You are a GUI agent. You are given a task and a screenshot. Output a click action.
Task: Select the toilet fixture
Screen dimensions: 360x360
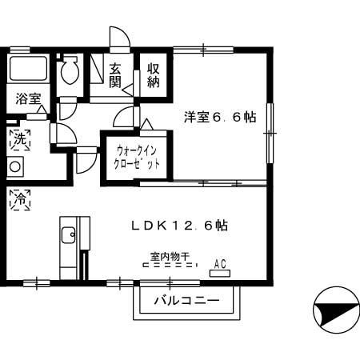(x=70, y=71)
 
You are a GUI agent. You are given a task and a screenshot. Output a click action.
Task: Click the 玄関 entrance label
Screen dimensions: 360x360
(x=115, y=76)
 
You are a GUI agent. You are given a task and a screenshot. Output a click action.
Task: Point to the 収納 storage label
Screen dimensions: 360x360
(x=154, y=76)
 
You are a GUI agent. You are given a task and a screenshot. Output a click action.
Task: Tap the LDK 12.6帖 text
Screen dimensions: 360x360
(x=180, y=226)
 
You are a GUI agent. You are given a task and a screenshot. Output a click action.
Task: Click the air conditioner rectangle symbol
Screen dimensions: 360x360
(x=218, y=272)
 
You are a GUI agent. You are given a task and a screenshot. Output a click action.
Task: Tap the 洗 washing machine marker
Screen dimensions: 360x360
(x=18, y=139)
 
